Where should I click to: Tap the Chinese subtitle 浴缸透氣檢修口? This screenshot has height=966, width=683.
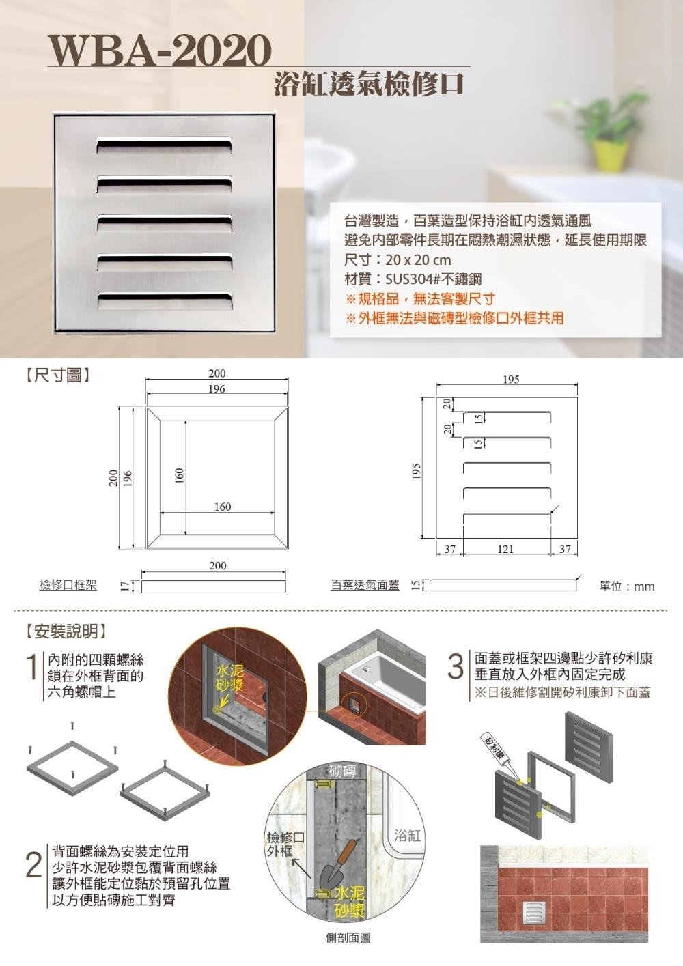(370, 84)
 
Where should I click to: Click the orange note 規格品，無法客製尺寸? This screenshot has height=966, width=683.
(420, 298)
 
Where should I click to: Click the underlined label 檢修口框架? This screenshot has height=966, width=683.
(68, 585)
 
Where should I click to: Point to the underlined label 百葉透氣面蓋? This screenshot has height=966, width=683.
(365, 585)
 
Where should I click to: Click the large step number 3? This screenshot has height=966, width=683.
(456, 668)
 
